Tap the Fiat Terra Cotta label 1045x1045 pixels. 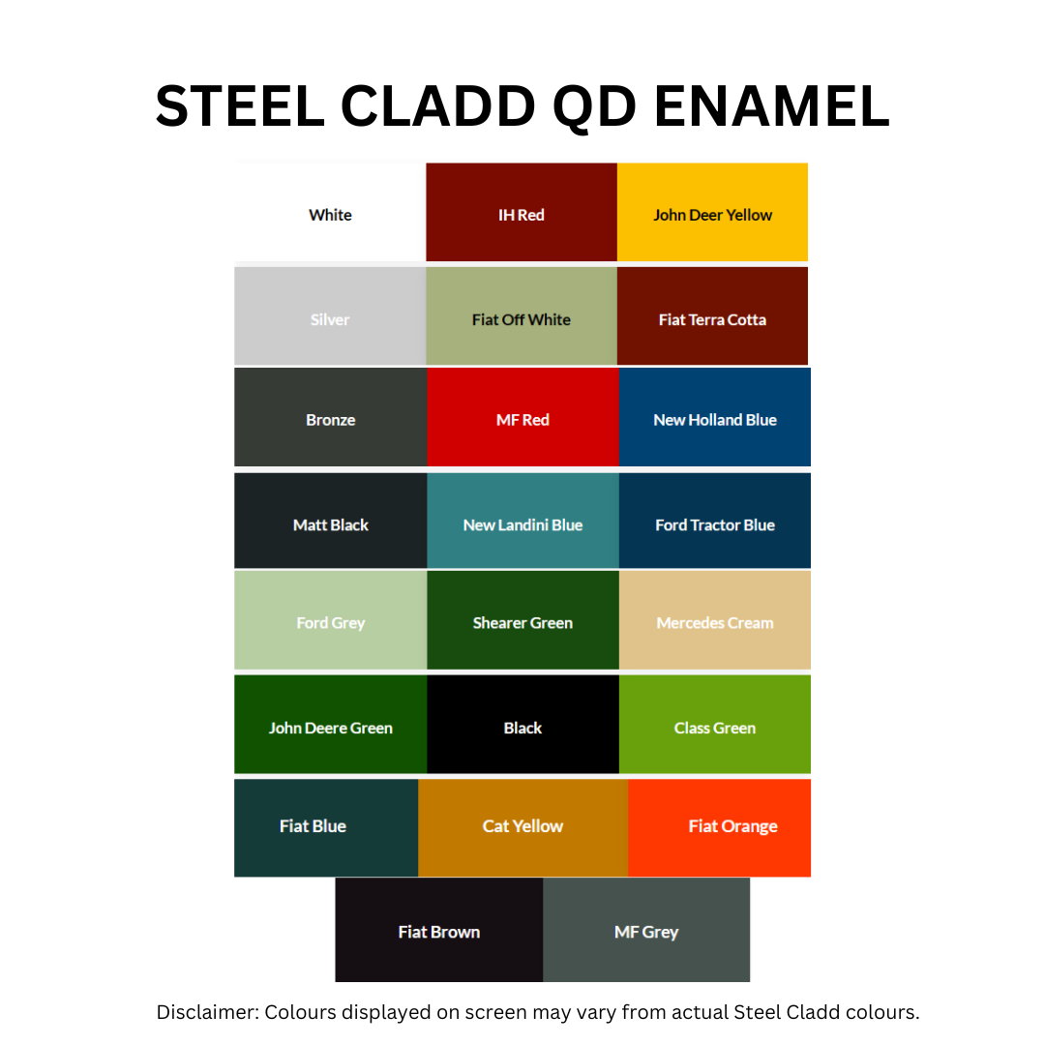coord(712,320)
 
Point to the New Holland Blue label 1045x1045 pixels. coord(715,420)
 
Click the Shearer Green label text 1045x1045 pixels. coord(522,623)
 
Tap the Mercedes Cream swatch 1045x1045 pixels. coord(715,621)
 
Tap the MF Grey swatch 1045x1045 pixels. coord(646,931)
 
